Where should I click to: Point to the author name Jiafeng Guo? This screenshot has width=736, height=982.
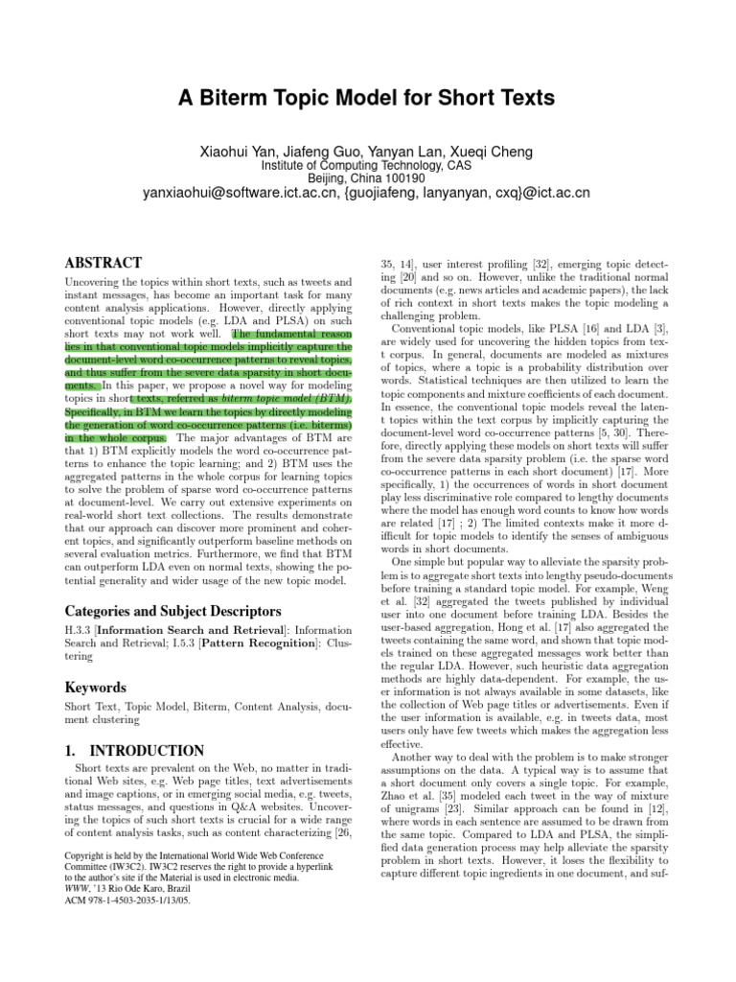coord(325,152)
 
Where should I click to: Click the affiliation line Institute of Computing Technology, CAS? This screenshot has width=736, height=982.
coord(367,165)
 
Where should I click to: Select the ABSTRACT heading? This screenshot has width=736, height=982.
coord(103,263)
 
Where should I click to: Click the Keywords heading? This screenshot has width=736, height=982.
coord(96,688)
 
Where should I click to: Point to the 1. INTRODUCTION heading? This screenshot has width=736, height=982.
coord(134,751)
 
